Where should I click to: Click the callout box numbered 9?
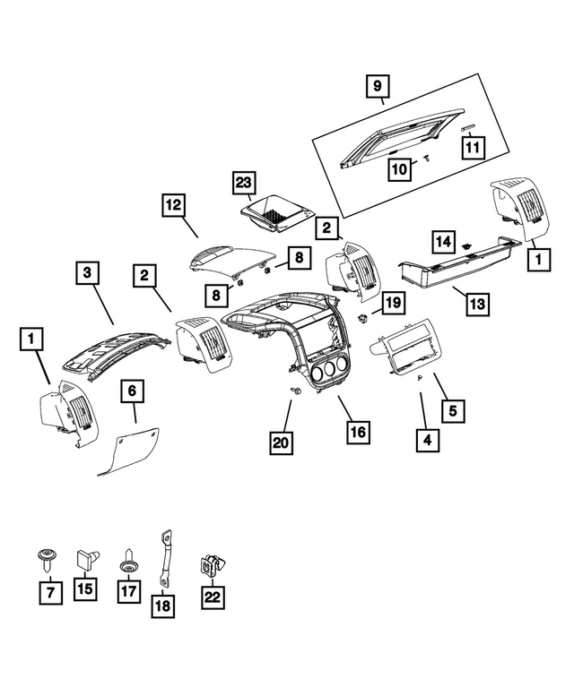378,86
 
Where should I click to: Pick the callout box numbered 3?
87,271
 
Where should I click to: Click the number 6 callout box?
132,391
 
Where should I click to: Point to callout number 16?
358,432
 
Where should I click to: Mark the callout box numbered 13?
476,304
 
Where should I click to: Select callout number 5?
453,411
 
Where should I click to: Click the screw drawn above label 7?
44,558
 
